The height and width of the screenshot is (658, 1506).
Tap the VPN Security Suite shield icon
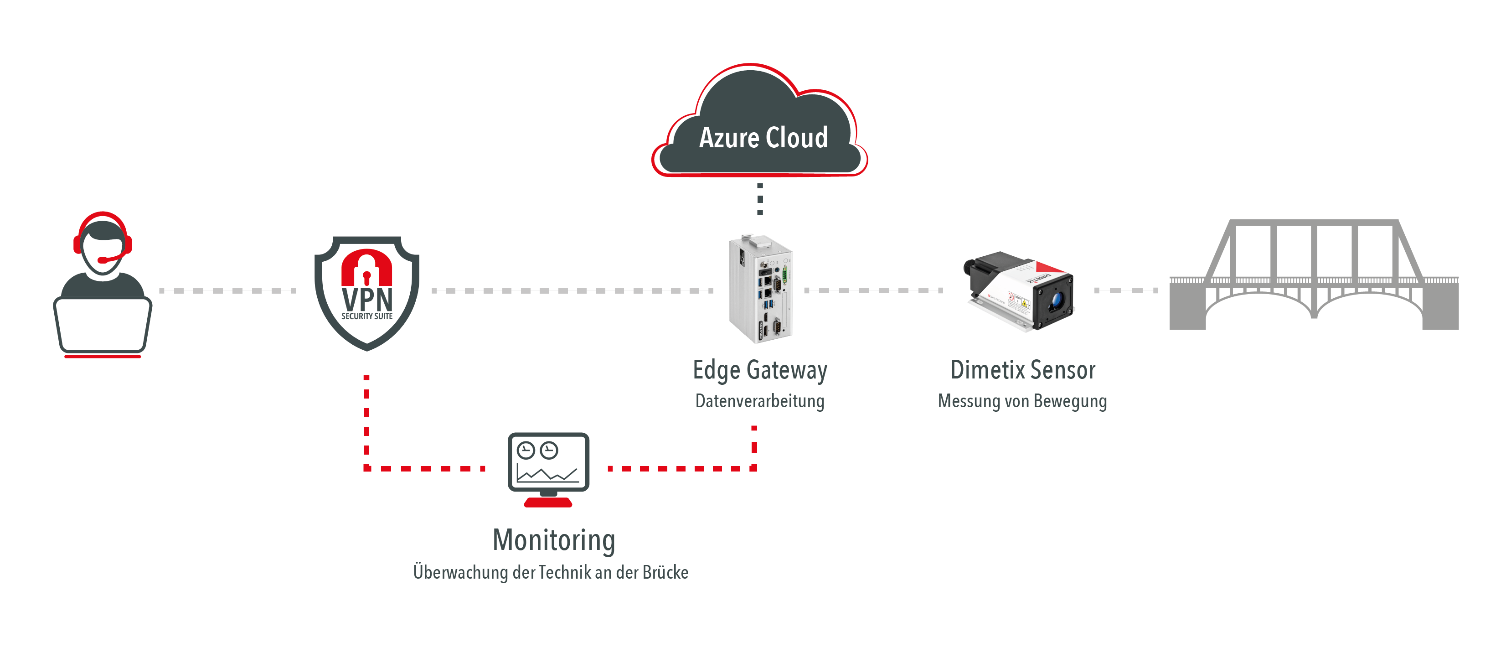366,292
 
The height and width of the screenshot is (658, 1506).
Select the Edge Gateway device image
760,290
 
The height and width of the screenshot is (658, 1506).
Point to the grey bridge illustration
1314,275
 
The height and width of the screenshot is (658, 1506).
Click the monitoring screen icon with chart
548,462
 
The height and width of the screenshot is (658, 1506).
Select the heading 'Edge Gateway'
760,370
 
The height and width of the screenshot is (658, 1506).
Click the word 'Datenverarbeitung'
759,401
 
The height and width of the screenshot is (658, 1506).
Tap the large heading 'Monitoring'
554,540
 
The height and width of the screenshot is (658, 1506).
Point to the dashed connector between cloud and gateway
760,199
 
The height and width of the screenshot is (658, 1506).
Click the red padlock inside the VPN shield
366,269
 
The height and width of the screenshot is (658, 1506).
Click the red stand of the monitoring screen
548,502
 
